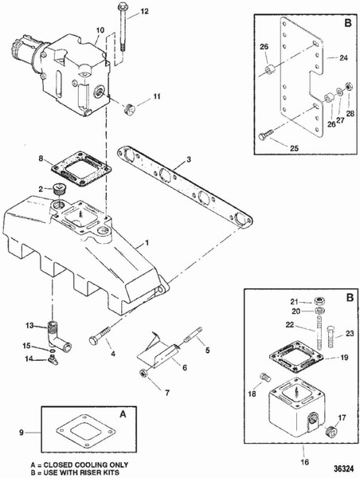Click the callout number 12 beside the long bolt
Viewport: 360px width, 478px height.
[x=144, y=12]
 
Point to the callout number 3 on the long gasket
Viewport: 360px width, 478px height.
[x=188, y=161]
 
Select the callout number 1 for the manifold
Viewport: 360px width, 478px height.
[x=147, y=239]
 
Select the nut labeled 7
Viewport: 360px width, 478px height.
[x=143, y=374]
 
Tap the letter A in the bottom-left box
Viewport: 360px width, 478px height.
[x=122, y=415]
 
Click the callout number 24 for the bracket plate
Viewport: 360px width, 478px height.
[x=344, y=58]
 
